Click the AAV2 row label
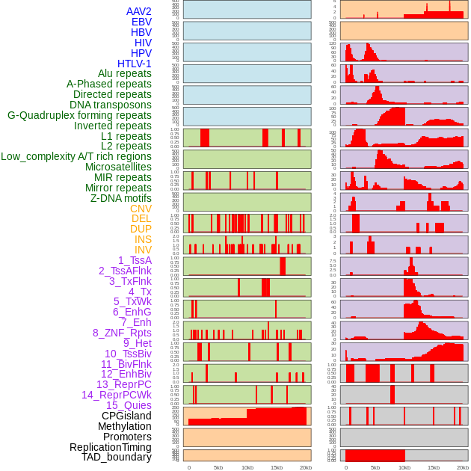tap(138, 11)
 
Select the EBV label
tap(141, 22)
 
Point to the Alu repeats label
tap(124, 73)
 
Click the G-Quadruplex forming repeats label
tap(79, 115)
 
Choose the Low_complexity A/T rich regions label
tap(76, 156)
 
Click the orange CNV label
tap(141, 209)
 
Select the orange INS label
tap(143, 239)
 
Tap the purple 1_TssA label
tap(135, 260)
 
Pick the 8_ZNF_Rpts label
tap(122, 333)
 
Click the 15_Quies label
tap(129, 405)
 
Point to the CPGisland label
tap(126, 416)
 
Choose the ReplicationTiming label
tap(110, 447)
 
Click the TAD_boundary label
tap(116, 457)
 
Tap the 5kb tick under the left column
tap(218, 467)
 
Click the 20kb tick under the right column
tap(463, 467)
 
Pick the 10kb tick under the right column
tap(404, 467)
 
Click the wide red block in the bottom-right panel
tap(375, 455)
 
